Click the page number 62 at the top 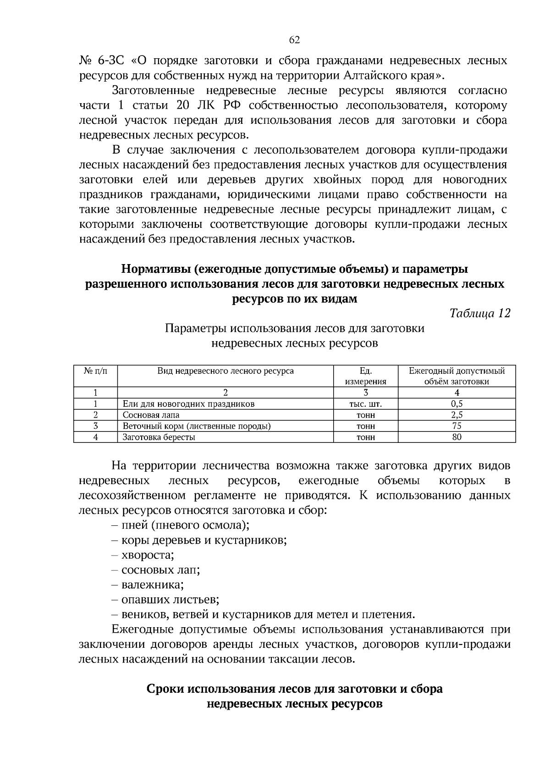tap(294, 40)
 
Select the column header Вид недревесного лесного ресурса tap(225, 371)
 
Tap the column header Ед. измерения tap(365, 376)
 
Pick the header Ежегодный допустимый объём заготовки tap(456, 376)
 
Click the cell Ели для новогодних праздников tap(188, 404)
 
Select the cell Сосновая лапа tap(151, 415)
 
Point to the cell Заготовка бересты tap(159, 437)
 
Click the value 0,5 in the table tap(456, 404)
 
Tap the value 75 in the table tap(456, 426)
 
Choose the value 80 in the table tap(456, 437)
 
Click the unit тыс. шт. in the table tap(365, 404)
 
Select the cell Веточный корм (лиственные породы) tap(197, 426)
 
